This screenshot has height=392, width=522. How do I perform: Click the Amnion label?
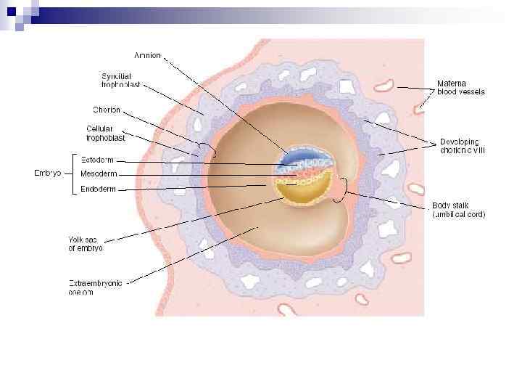click(x=148, y=55)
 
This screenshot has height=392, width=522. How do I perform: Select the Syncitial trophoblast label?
click(x=120, y=81)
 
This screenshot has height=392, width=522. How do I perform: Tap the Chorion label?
click(x=107, y=110)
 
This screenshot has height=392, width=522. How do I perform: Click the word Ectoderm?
click(x=97, y=160)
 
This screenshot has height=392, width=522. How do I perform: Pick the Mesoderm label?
click(x=98, y=174)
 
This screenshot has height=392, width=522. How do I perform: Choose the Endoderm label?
click(x=98, y=189)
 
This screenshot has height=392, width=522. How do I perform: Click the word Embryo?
click(x=48, y=173)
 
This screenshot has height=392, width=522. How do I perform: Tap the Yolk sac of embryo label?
click(x=86, y=244)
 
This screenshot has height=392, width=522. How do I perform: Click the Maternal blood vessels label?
click(x=460, y=88)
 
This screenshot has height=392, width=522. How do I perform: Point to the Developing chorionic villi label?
click(x=463, y=146)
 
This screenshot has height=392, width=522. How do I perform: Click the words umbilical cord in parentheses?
click(x=459, y=214)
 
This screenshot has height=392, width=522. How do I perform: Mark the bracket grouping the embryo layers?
click(x=72, y=173)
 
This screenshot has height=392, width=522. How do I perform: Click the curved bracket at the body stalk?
click(x=349, y=187)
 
